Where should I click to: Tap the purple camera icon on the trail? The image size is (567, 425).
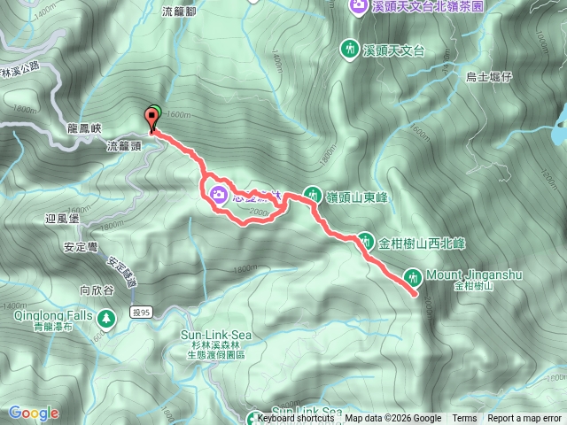[218, 193]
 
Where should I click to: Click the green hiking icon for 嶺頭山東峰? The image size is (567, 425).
[313, 194]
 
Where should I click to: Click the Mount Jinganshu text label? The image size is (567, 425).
[473, 274]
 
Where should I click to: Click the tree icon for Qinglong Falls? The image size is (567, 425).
[106, 315]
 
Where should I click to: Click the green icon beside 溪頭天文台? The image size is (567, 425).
[351, 48]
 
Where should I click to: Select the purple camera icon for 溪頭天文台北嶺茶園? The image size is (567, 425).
[357, 6]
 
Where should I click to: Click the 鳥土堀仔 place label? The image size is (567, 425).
[489, 78]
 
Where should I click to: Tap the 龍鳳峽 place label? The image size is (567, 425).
[85, 127]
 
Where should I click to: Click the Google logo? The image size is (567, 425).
[33, 413]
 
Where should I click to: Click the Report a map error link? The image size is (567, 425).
[525, 419]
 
